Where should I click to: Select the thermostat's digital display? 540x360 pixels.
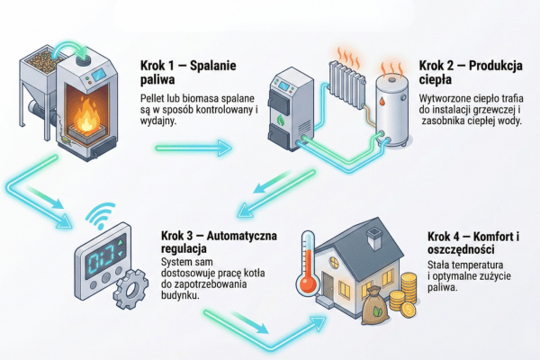102,255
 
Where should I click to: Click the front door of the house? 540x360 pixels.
341,290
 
